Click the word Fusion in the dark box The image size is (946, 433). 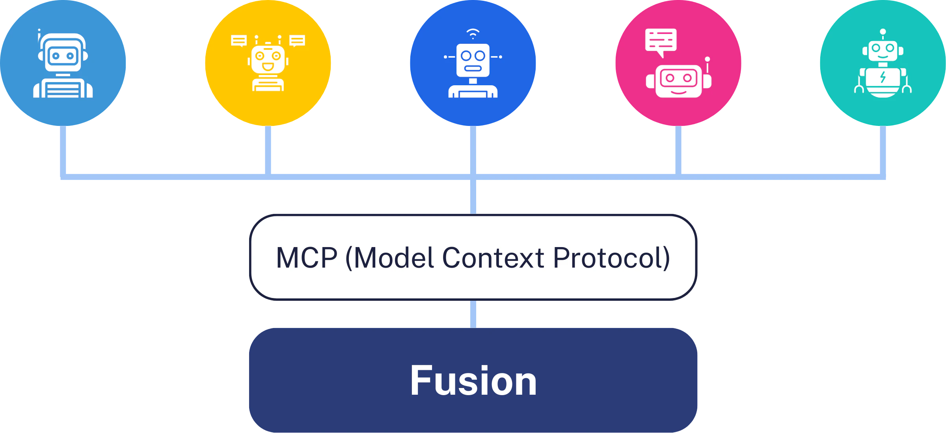click(473, 381)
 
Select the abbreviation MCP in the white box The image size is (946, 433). click(307, 258)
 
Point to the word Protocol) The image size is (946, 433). click(611, 258)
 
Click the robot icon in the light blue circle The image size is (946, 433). click(63, 65)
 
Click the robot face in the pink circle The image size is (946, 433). click(678, 81)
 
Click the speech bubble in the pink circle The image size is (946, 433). click(661, 41)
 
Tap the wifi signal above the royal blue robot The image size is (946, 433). click(473, 33)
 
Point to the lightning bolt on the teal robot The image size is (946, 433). click(883, 77)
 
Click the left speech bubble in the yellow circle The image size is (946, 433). click(239, 40)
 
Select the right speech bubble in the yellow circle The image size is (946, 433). click(297, 40)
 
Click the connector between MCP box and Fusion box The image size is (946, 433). click(474, 314)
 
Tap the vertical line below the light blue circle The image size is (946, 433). click(63, 150)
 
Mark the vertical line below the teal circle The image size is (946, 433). click(883, 150)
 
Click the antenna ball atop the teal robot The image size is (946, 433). click(883, 32)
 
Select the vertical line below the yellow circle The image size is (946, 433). click(268, 150)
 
